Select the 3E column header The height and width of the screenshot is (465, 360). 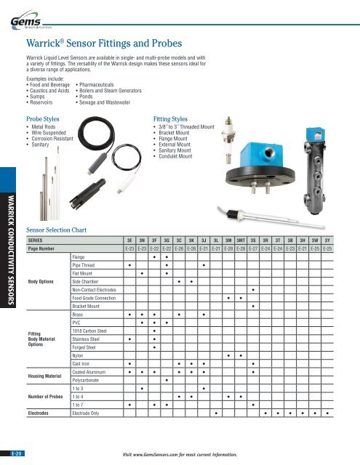129,238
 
